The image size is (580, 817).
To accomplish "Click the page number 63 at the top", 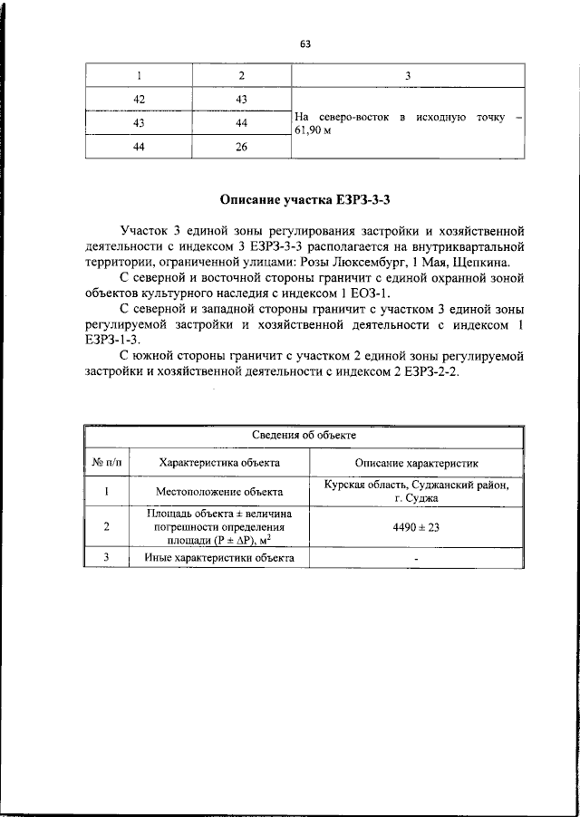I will point(304,43).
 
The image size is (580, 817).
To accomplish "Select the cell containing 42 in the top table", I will point(140,98).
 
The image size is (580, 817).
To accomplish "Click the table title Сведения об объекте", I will point(304,435).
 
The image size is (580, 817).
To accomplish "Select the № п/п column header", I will point(106,462).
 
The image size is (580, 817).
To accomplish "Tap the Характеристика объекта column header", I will point(219,462).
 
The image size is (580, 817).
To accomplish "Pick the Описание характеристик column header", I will point(416,462).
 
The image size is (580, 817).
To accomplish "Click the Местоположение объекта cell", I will point(219,492).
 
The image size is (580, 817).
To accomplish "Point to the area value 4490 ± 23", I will point(416,527).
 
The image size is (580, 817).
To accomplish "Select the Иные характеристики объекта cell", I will point(219,558).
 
